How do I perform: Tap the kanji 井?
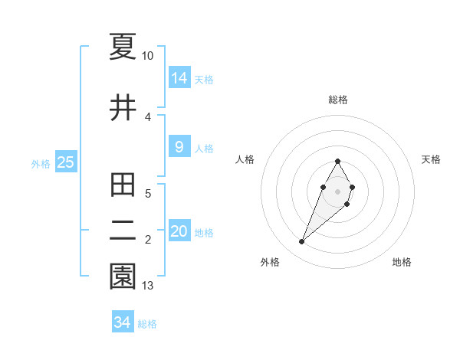pyautogui.click(x=123, y=108)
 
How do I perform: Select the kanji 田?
pyautogui.click(x=123, y=185)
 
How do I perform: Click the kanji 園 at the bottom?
pyautogui.click(x=123, y=277)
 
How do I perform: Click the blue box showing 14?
pyautogui.click(x=179, y=77)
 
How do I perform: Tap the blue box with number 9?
pyautogui.click(x=179, y=147)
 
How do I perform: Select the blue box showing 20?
pyautogui.click(x=179, y=231)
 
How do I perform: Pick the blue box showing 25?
pyautogui.click(x=65, y=162)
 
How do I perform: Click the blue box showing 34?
pyautogui.click(x=123, y=322)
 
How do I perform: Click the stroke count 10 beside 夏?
pyautogui.click(x=148, y=56)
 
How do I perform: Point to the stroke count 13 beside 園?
pyautogui.click(x=148, y=286)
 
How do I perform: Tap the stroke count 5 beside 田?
pyautogui.click(x=148, y=194)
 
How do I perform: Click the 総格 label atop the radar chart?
pyautogui.click(x=338, y=100)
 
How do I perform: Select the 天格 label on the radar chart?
pyautogui.click(x=432, y=159)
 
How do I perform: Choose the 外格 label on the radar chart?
pyautogui.click(x=270, y=263)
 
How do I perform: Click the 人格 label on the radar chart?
pyautogui.click(x=245, y=159)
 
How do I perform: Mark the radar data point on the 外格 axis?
pyautogui.click(x=301, y=242)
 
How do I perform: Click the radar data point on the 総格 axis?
pyautogui.click(x=338, y=161)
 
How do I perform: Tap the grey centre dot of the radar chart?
pyautogui.click(x=338, y=191)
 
